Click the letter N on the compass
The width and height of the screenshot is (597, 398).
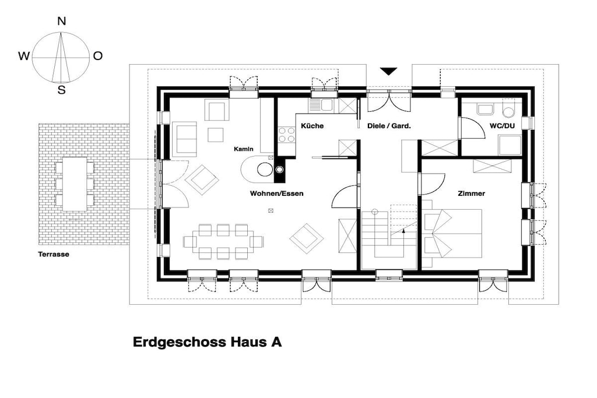click(61, 22)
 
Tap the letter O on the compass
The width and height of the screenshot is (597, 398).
click(98, 56)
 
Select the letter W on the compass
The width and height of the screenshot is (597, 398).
click(23, 57)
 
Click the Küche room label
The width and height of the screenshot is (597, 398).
click(312, 125)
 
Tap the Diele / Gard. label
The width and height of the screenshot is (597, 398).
click(389, 125)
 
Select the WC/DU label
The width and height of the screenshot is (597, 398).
click(502, 125)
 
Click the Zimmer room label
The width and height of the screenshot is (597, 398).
click(471, 193)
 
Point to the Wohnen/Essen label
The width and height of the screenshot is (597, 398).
click(277, 193)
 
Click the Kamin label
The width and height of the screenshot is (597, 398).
click(244, 149)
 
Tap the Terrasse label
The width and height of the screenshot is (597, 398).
click(54, 254)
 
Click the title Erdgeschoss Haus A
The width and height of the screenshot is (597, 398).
click(208, 342)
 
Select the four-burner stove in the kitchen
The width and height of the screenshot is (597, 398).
click(287, 134)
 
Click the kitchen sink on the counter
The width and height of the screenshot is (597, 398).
click(321, 105)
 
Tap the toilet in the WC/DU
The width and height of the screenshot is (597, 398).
click(508, 109)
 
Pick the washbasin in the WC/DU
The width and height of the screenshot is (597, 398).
click(485, 109)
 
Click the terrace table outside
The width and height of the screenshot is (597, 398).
click(75, 184)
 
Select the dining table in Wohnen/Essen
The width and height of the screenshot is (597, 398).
click(223, 242)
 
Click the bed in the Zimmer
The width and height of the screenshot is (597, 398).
click(452, 233)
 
